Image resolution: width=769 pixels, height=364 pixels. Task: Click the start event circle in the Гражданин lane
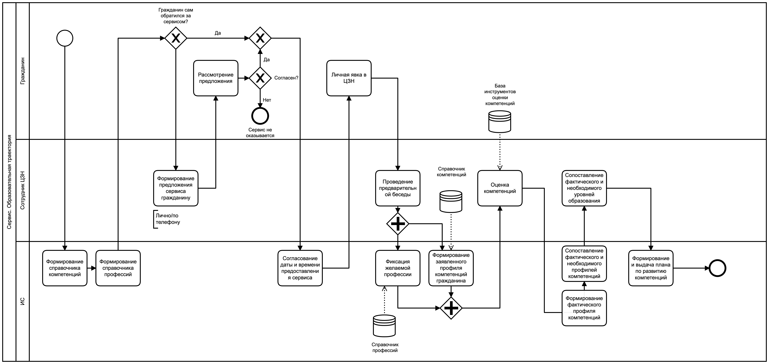[x=65, y=38]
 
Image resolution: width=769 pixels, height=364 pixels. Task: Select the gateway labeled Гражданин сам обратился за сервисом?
[x=176, y=38]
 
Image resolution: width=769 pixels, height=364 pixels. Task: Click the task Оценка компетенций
[x=500, y=188]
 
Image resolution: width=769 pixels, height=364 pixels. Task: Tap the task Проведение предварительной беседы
[x=398, y=188]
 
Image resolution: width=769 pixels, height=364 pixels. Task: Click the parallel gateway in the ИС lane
[x=451, y=308]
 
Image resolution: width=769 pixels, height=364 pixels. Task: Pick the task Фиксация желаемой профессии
[x=398, y=268]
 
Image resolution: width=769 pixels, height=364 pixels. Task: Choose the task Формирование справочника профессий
[x=118, y=268]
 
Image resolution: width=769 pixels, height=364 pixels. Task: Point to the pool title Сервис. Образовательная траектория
[x=9, y=182]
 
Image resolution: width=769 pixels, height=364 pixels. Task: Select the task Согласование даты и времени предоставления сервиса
[x=300, y=268]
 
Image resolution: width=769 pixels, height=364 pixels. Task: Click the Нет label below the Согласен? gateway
[x=267, y=100]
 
